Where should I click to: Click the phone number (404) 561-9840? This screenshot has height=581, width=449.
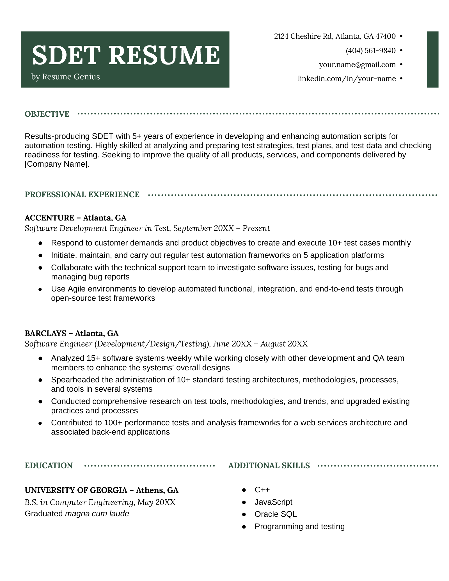(x=370, y=51)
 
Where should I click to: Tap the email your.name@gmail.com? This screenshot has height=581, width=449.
(x=357, y=65)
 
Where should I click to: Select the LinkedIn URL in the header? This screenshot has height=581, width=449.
(x=347, y=79)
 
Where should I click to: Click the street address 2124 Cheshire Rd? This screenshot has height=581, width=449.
(x=303, y=36)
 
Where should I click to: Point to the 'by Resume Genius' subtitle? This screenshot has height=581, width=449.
(x=65, y=77)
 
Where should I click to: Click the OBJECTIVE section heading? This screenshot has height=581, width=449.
(x=47, y=114)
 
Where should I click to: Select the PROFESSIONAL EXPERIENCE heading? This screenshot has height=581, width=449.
(x=82, y=194)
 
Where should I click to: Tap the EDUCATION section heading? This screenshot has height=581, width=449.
(x=49, y=465)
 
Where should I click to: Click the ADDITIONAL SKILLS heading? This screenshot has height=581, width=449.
(x=269, y=465)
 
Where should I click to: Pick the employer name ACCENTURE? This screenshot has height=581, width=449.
(x=49, y=218)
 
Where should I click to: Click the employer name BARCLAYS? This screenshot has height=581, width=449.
(x=45, y=333)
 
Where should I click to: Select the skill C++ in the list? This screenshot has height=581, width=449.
(x=262, y=490)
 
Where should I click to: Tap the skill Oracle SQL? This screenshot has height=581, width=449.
(x=275, y=514)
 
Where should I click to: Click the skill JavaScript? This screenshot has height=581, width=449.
(x=273, y=502)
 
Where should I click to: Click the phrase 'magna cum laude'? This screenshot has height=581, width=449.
(x=97, y=514)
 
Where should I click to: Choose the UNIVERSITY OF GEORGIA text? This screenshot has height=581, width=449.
(x=75, y=490)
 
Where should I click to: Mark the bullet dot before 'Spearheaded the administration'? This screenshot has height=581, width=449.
(x=40, y=380)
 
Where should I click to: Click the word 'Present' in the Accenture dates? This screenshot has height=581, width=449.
(x=256, y=228)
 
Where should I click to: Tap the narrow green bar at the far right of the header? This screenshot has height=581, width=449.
(x=432, y=59)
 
